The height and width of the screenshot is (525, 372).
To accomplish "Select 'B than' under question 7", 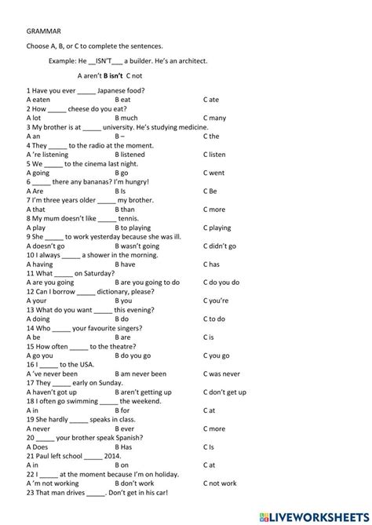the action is [x=125, y=210].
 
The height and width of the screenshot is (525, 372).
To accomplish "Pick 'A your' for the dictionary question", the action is [x=37, y=301].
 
